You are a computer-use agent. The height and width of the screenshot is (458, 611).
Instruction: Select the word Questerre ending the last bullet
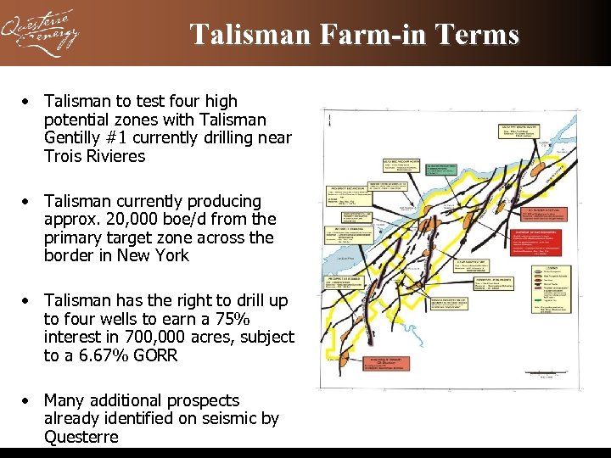(81, 438)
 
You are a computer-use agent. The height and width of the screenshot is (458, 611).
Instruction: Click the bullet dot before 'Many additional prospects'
(28, 400)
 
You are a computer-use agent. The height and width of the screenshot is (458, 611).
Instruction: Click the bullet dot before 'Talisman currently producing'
(28, 202)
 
